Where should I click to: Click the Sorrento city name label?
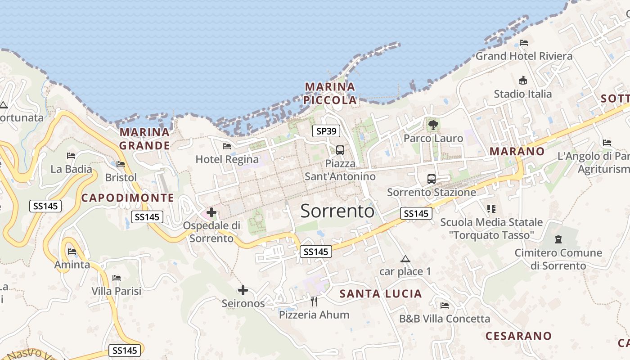pos(337,211)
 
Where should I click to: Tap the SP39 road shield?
pos(326,131)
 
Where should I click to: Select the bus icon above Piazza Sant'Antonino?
pos(340,150)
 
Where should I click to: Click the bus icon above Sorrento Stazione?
pos(431,179)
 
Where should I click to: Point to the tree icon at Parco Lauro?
pos(433,125)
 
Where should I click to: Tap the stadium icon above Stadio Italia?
pos(522,81)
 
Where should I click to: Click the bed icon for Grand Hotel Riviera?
pos(523,43)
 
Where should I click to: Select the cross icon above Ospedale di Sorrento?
pos(211,212)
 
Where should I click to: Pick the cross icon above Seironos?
pos(243,290)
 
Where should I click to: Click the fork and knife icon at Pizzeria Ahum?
pos(314,301)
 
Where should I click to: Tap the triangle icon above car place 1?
pos(405,259)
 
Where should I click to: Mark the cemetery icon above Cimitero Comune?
pos(558,239)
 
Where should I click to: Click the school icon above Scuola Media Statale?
pos(491,209)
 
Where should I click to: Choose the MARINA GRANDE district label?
pos(144,139)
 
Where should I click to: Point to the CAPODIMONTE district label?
pos(127,198)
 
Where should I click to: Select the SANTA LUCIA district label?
pos(381,294)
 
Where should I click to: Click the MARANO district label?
pos(517,151)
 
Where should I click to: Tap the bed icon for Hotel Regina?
pos(227,146)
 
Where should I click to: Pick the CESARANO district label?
pos(518,336)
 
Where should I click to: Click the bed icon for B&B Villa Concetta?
pos(445,306)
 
